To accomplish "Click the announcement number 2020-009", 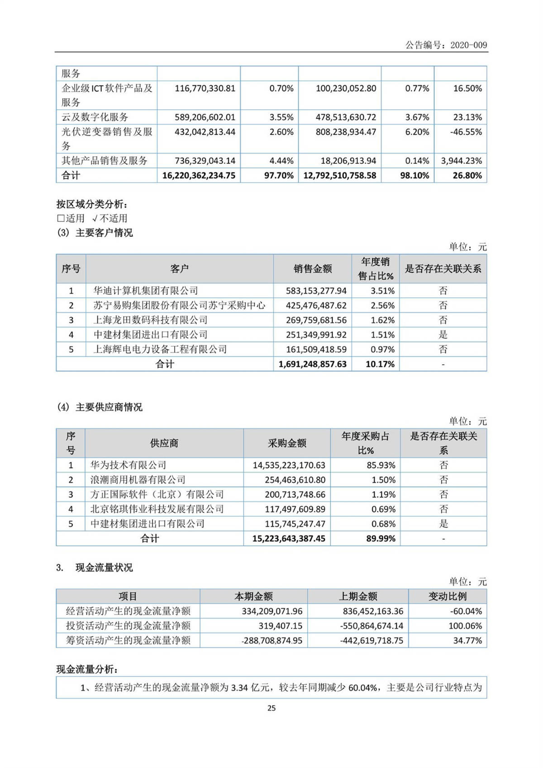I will click(469, 45).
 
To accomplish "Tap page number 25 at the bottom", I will click(271, 708).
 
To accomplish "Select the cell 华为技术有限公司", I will click(129, 465).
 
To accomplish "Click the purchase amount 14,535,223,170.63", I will click(289, 465).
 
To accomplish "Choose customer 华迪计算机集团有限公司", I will click(146, 291).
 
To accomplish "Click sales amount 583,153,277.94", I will click(316, 291).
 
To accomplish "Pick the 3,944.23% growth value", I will click(461, 161).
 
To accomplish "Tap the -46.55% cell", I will click(466, 132).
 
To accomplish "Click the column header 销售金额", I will click(313, 269).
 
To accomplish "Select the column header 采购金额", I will click(287, 443).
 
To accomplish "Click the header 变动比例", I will click(447, 596).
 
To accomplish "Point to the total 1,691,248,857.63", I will click(312, 364).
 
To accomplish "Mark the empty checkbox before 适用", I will click(61, 219).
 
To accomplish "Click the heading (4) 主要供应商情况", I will click(100, 407).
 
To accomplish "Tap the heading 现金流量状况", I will click(104, 568).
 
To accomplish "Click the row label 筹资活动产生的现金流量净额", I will click(128, 640).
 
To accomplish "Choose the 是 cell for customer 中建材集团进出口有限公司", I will click(443, 335).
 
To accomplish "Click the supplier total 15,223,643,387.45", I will click(289, 539).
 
